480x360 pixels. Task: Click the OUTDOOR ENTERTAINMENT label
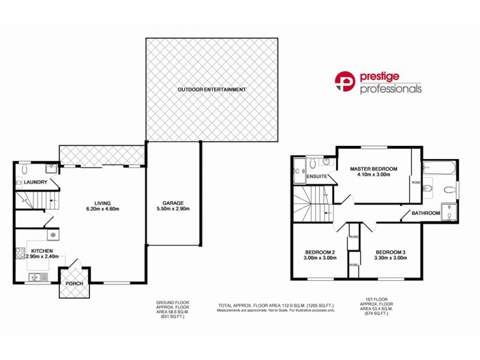click(211, 89)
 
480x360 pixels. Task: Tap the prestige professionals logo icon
click(346, 83)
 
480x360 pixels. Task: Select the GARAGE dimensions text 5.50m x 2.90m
click(172, 210)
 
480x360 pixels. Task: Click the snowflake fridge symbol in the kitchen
click(52, 235)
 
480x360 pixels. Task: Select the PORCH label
click(74, 283)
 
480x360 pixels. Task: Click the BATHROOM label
click(425, 213)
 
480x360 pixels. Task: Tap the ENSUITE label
click(316, 177)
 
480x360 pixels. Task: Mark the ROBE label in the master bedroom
click(415, 181)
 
